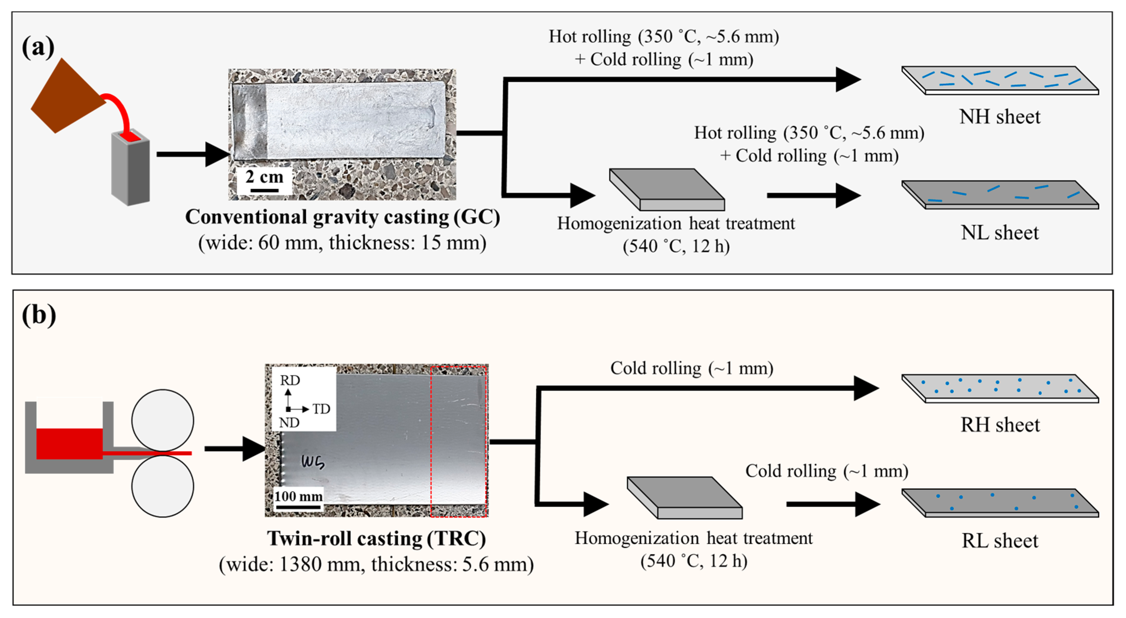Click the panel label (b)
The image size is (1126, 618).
click(x=39, y=315)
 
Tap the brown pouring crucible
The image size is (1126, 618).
click(x=66, y=96)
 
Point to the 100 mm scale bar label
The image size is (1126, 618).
click(x=298, y=497)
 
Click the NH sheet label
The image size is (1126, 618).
click(x=1000, y=117)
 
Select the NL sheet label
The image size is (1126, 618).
click(x=1000, y=232)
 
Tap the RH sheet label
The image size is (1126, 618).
click(x=1000, y=425)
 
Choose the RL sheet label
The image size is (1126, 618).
click(x=1000, y=541)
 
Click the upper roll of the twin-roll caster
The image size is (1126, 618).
click(x=163, y=420)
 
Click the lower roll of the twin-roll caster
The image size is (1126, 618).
click(x=163, y=486)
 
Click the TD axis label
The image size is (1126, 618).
click(x=321, y=409)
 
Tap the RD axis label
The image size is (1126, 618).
click(x=290, y=380)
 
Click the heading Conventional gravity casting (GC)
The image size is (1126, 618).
click(x=342, y=217)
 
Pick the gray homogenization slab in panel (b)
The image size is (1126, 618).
click(x=684, y=497)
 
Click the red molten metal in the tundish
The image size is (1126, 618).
click(x=69, y=443)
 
